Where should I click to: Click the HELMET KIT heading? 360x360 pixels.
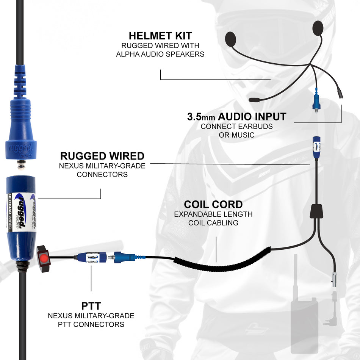coord(160,36)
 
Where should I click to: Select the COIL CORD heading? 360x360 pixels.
coord(213,204)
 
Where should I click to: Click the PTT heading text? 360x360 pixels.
coord(91,306)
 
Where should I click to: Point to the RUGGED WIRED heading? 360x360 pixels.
coord(102,156)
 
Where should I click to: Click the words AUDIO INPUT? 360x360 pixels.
coord(252,117)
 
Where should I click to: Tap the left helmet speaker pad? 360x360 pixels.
coord(231,39)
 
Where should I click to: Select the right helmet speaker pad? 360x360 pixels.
coord(318,28)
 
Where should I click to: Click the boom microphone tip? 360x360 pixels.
coord(255,100)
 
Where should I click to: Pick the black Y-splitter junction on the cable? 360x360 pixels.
coord(316,211)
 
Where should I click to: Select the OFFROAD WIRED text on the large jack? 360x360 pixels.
coord(10,212)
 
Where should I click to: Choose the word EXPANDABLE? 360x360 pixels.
coord(196,214)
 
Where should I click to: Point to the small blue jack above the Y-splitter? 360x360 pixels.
coord(316,147)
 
